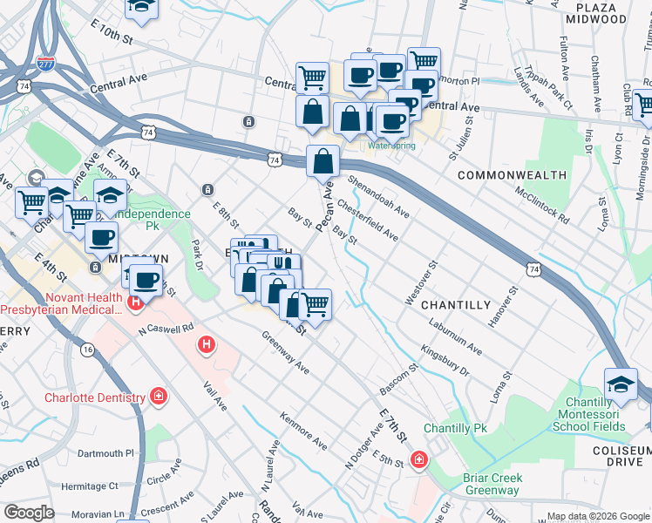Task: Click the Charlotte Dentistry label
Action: [95, 398]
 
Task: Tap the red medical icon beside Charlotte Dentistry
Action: [159, 398]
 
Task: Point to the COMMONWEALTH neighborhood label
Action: [512, 175]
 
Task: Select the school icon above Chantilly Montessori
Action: [621, 384]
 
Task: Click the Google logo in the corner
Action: [29, 513]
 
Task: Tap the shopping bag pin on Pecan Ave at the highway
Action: [323, 161]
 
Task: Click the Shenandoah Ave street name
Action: [378, 197]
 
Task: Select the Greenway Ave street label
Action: [285, 351]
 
